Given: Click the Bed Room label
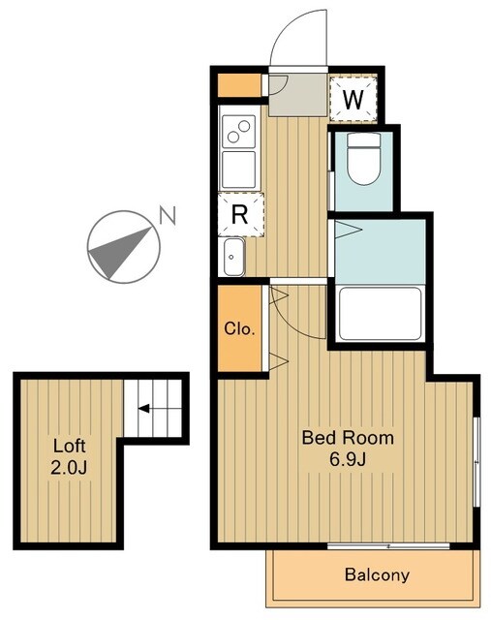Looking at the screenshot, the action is click(x=348, y=438).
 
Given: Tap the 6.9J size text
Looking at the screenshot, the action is click(x=348, y=459).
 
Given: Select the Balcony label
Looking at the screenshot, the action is click(x=377, y=574).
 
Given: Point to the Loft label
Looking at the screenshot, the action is click(x=69, y=446).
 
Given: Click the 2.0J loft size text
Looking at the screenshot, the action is click(x=69, y=467).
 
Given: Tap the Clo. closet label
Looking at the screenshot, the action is click(x=239, y=328).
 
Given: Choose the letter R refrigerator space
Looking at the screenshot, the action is click(x=239, y=215).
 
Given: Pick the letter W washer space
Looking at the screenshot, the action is click(x=353, y=100).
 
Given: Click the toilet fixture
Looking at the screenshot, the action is click(x=364, y=159).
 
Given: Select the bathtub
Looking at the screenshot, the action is click(x=380, y=314).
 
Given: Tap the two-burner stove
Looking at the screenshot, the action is click(x=238, y=132).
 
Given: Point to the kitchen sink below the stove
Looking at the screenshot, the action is click(x=238, y=170).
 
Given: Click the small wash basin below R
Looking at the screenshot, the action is click(x=233, y=258).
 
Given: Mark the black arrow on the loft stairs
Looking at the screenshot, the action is click(x=143, y=409).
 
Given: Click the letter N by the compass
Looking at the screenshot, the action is click(x=168, y=215).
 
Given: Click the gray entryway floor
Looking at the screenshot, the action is click(x=298, y=95).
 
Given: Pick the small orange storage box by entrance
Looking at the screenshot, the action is click(x=239, y=85).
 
